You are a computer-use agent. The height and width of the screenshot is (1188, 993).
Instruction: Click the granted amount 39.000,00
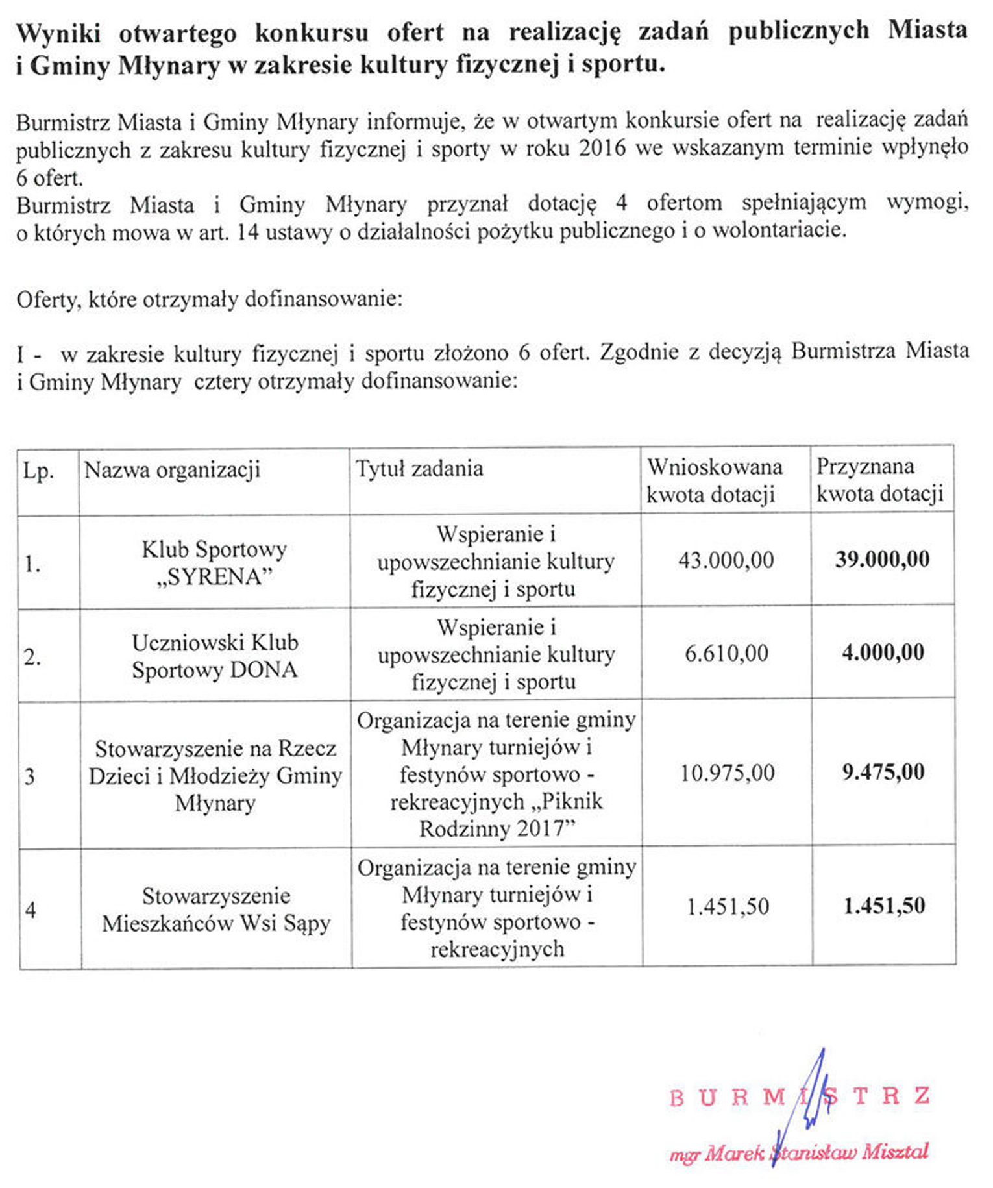pyautogui.click(x=882, y=560)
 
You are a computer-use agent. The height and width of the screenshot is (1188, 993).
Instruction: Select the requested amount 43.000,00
pyautogui.click(x=726, y=560)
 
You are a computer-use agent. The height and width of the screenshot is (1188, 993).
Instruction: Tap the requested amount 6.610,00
pyautogui.click(x=726, y=653)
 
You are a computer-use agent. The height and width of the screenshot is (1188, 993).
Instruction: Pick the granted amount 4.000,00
pyautogui.click(x=883, y=652)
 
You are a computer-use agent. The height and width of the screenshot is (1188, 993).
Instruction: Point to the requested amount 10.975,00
pyautogui.click(x=727, y=773)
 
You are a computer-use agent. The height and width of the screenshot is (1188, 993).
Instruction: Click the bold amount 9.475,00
pyautogui.click(x=883, y=772)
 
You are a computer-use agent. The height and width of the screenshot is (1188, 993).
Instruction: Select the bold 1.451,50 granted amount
pyautogui.click(x=883, y=906)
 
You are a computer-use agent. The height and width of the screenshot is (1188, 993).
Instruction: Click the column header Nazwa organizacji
pyautogui.click(x=172, y=470)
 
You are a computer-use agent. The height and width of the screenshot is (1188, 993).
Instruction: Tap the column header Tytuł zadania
pyautogui.click(x=419, y=469)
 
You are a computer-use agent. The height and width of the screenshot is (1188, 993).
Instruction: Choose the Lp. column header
pyautogui.click(x=38, y=471)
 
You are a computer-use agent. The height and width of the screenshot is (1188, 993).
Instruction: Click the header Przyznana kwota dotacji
pyautogui.click(x=879, y=480)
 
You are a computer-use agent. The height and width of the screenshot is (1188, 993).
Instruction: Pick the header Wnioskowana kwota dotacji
pyautogui.click(x=714, y=481)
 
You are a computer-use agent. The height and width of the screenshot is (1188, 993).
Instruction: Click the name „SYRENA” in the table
pyautogui.click(x=214, y=576)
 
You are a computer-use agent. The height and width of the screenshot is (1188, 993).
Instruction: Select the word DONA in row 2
pyautogui.click(x=264, y=670)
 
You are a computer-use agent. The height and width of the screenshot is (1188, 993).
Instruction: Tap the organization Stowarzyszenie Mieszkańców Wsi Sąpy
pyautogui.click(x=216, y=910)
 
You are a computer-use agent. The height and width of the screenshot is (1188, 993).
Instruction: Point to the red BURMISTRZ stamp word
pyautogui.click(x=799, y=1097)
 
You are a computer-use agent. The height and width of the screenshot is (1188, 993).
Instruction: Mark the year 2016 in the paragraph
pyautogui.click(x=602, y=149)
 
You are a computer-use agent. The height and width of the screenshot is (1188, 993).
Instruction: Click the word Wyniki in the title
pyautogui.click(x=58, y=33)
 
